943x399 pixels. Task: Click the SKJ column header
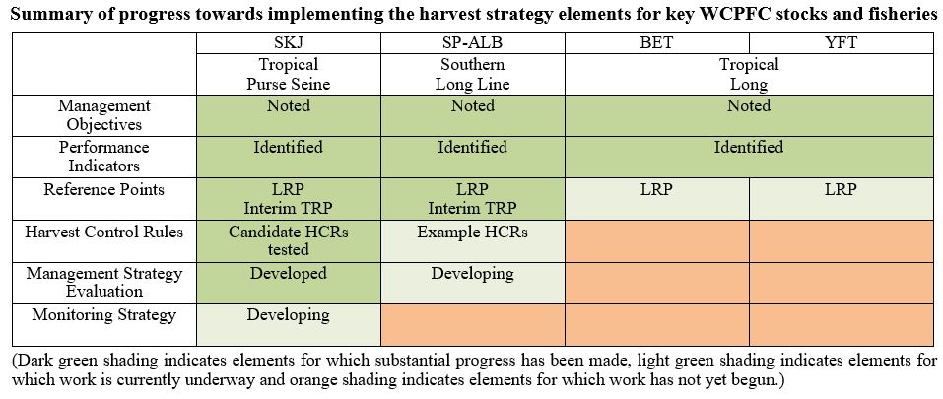(289, 42)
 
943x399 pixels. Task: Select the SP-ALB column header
(473, 42)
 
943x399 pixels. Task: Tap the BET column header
(656, 42)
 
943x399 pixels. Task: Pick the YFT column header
(841, 42)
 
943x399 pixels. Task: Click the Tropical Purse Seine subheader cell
(289, 74)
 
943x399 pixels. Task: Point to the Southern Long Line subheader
(473, 74)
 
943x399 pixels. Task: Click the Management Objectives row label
(104, 114)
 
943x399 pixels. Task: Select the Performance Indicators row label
(104, 157)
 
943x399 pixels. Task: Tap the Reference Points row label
(104, 189)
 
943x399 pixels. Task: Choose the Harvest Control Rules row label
(104, 232)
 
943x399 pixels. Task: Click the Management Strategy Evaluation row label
(104, 282)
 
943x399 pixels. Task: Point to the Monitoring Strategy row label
(104, 315)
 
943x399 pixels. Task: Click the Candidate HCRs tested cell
(289, 240)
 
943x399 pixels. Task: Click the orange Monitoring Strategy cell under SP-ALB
(473, 324)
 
